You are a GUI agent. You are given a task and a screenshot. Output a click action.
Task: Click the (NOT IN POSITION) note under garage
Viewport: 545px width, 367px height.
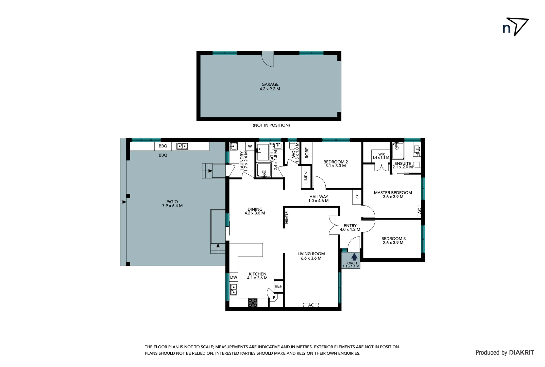point(271,125)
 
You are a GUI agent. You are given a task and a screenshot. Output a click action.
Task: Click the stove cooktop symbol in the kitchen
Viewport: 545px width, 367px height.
point(253,302)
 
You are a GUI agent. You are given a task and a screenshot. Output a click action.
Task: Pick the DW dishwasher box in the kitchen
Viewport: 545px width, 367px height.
point(234,277)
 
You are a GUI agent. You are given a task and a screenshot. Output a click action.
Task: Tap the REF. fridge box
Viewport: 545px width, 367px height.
point(278,286)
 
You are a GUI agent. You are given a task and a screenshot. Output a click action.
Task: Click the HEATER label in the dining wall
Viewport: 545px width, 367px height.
point(287,217)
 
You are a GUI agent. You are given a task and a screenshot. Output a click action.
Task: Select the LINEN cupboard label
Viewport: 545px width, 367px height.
point(306,178)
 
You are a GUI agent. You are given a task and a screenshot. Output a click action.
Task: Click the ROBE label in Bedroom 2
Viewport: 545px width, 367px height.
point(307,153)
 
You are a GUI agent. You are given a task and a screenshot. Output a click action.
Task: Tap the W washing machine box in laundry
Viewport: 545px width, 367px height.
point(250,146)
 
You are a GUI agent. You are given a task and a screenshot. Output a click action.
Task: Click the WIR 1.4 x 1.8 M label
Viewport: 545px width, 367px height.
point(381,156)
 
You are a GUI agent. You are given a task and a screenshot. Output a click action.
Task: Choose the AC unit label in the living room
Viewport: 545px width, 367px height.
point(311,305)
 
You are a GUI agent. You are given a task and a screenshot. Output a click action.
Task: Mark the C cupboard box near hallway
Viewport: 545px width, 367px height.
point(357,197)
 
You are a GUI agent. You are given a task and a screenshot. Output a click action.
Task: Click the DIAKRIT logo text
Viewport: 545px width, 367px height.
point(521,353)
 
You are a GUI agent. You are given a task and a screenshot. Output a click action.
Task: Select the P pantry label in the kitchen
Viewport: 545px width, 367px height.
point(274,298)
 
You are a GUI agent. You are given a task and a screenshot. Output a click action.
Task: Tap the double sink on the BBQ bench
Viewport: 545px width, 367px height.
point(182,146)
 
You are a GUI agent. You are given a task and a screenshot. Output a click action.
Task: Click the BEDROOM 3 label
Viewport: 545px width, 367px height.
point(393,241)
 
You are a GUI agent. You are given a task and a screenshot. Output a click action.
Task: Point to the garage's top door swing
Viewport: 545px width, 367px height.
point(268,59)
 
